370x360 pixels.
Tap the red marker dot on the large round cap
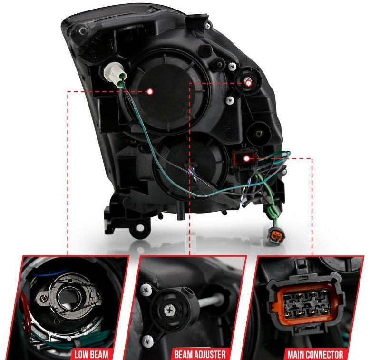pyautogui.click(x=150, y=92)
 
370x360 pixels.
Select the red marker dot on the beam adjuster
pyautogui.click(x=249, y=83)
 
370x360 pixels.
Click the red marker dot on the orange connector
pyautogui.click(x=247, y=158)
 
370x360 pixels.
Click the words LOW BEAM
pyautogui.click(x=91, y=354)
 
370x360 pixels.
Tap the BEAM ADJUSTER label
pyautogui.click(x=200, y=354)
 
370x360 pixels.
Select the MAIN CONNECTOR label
pyautogui.click(x=315, y=354)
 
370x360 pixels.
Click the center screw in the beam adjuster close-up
pyautogui.click(x=169, y=310)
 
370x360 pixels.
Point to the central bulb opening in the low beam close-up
pyautogui.click(x=69, y=298)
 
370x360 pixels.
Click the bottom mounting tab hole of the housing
pyautogui.click(x=140, y=228)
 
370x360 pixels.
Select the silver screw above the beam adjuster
pyautogui.click(x=233, y=67)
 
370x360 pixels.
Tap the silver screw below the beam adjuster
pyautogui.click(x=230, y=101)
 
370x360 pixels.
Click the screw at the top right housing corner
pyautogui.click(x=207, y=26)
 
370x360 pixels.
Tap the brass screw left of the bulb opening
pyautogui.click(x=43, y=299)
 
